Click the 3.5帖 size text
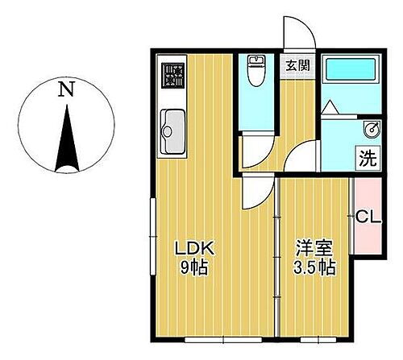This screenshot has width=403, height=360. [315, 267]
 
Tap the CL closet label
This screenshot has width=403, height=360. [368, 216]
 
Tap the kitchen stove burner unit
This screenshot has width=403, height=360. [172, 75]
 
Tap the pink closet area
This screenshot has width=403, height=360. [367, 217]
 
